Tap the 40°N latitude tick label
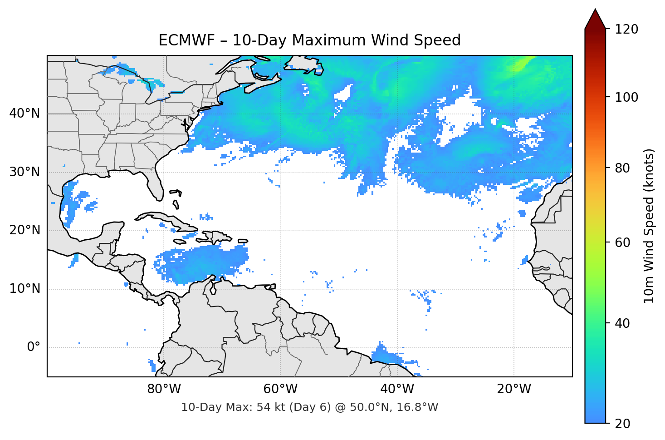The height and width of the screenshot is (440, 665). (25, 113)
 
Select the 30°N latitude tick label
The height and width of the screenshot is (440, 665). (25, 172)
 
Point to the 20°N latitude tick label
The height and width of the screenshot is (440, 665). (25, 230)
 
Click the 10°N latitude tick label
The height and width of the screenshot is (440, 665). (25, 289)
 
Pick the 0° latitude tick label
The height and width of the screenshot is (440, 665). (34, 347)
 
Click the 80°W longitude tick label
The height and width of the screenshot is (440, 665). (164, 389)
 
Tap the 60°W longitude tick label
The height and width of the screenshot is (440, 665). (280, 389)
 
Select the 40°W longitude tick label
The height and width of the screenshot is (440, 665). (397, 389)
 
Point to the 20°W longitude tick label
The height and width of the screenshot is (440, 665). (514, 389)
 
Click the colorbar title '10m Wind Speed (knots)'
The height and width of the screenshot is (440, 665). (649, 226)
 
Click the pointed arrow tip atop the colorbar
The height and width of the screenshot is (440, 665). (595, 10)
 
